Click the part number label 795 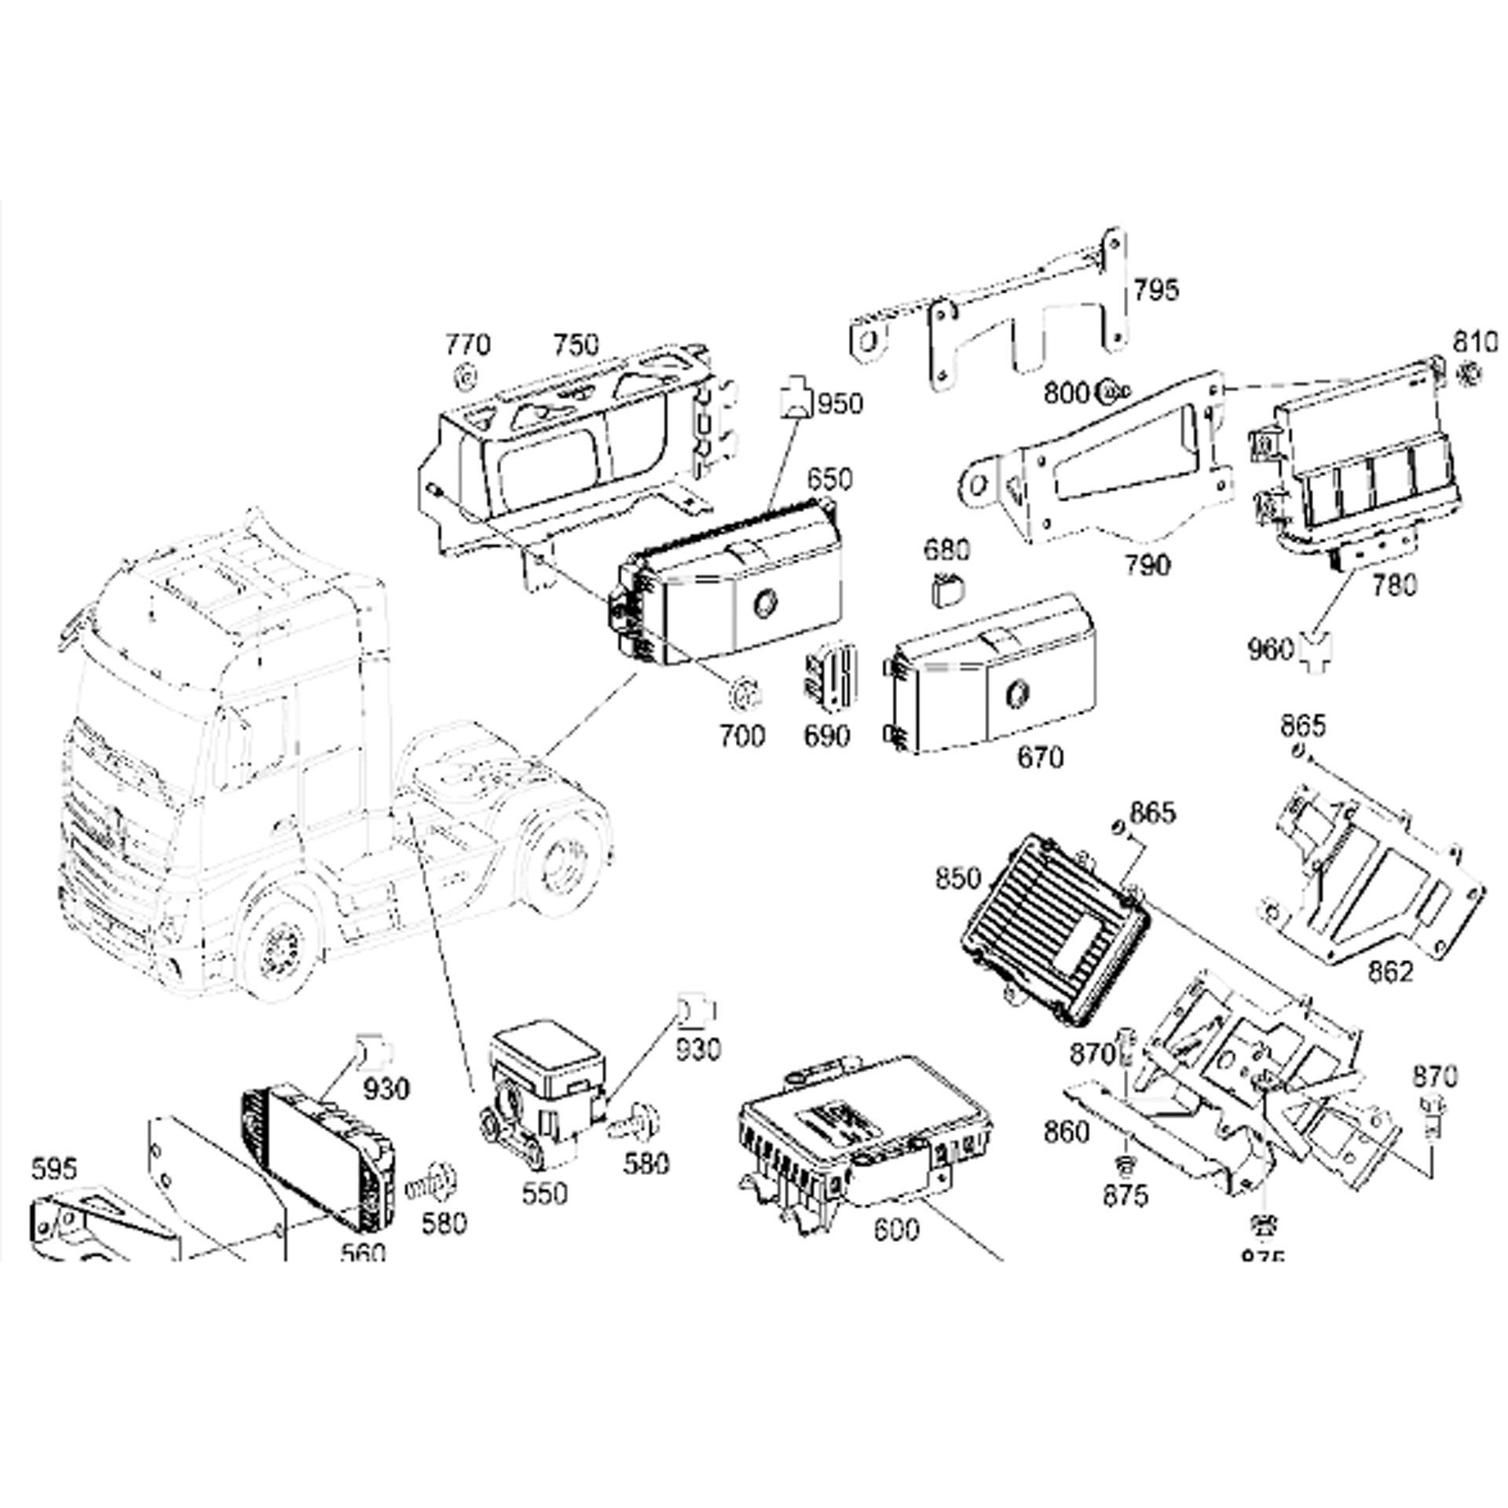pos(1156,291)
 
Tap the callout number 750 pos(576,346)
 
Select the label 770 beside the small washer pos(468,346)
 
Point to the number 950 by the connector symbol pos(840,404)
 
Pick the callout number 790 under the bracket pos(1146,565)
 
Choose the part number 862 pos(1389,972)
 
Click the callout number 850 pos(958,878)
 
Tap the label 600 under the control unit pos(895,1230)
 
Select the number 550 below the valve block pos(544,1193)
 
